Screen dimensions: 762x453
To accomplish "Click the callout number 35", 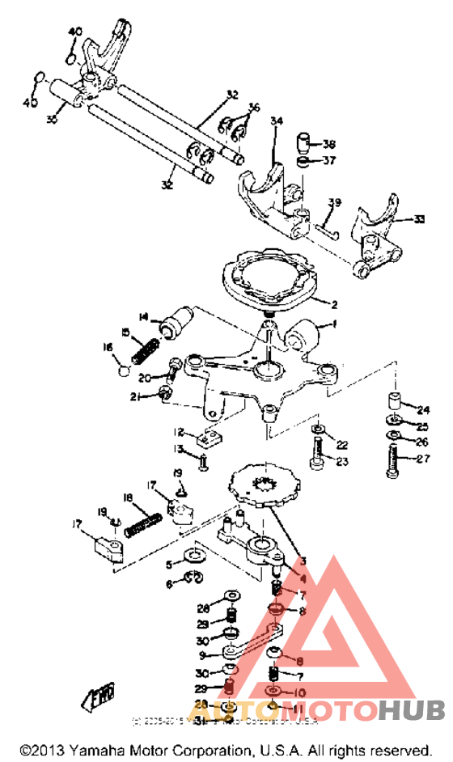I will (53, 120).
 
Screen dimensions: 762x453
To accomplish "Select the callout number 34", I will (277, 122).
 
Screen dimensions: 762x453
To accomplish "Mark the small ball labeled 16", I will (123, 372).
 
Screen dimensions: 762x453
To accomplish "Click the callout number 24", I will (423, 409).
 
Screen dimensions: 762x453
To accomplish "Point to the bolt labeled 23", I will (317, 451).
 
